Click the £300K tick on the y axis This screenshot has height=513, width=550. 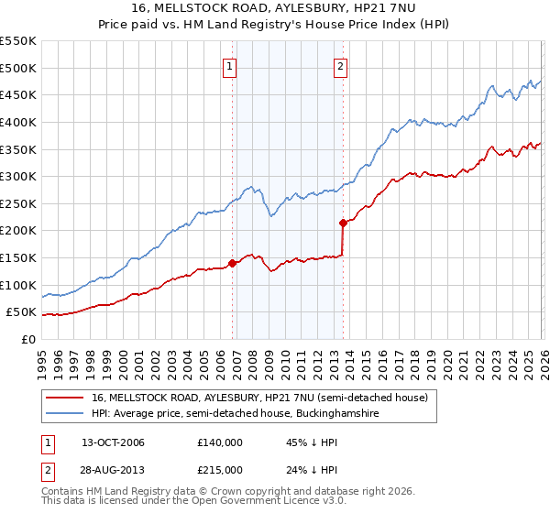coord(18,176)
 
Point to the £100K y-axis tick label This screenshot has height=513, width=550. coord(18,285)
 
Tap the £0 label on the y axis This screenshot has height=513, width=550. coord(27,339)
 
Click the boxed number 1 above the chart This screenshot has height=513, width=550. coord(229,66)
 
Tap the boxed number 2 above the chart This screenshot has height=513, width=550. coord(340,66)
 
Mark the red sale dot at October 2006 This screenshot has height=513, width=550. coord(232,263)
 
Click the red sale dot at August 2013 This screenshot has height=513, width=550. coord(343,223)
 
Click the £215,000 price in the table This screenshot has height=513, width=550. coord(220,470)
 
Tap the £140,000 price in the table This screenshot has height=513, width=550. coord(220,442)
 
